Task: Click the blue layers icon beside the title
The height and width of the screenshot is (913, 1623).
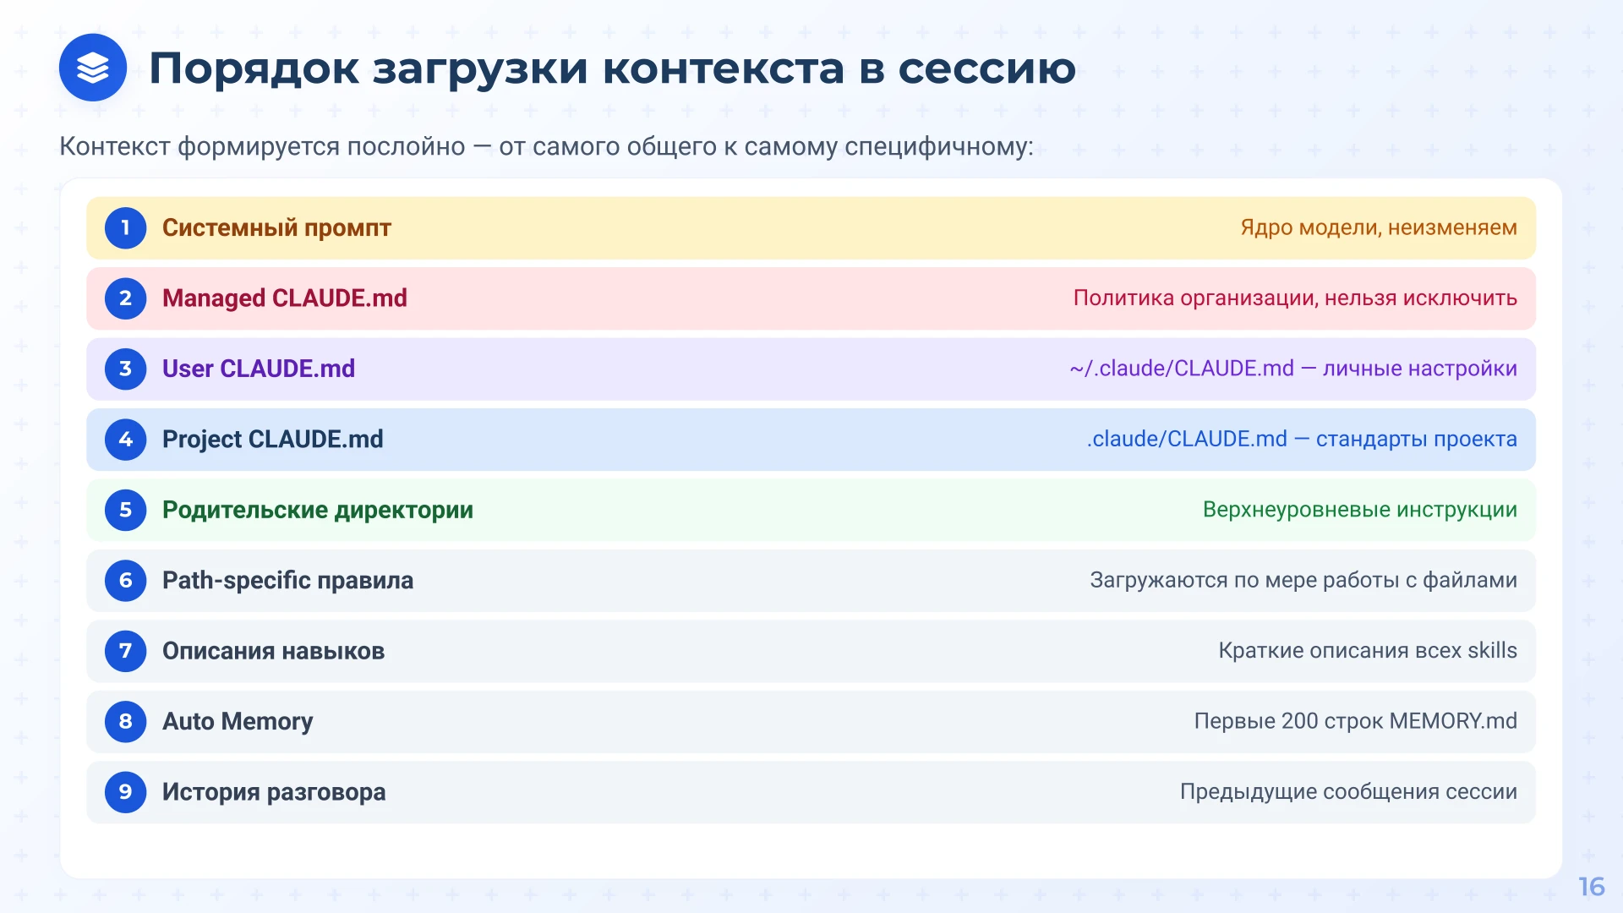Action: pos(93,68)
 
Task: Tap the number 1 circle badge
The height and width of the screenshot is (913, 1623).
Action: pos(126,228)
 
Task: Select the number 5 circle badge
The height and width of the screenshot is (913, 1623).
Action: pos(126,511)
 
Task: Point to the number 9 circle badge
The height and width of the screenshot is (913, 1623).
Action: pos(126,792)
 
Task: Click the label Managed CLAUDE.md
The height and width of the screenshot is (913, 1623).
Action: pos(284,298)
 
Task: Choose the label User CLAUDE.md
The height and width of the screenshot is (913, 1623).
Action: pos(258,369)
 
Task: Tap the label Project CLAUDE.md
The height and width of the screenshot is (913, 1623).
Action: pos(272,440)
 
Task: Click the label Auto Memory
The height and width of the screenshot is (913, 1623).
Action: pos(237,722)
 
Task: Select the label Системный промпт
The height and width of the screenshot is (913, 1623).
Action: pos(276,228)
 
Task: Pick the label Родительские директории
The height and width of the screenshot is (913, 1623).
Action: pos(317,511)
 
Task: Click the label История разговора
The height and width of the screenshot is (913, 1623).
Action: pos(274,792)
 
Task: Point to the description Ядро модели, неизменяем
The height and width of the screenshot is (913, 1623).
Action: pos(1378,227)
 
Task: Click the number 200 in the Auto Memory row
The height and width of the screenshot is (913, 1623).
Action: pos(1299,721)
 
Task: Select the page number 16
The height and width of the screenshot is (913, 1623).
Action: pos(1591,887)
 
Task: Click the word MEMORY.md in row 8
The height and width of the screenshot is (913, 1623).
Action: pos(1452,721)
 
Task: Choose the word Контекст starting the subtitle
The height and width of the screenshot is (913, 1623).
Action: pos(114,147)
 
